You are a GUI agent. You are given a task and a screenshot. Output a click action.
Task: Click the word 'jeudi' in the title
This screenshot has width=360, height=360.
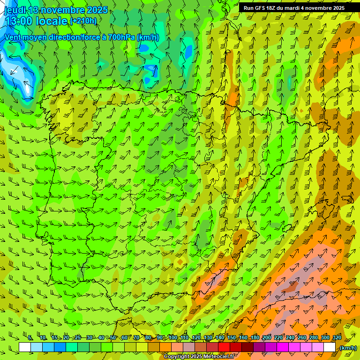[15, 10]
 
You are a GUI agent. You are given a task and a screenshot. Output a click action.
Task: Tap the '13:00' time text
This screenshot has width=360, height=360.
[19, 21]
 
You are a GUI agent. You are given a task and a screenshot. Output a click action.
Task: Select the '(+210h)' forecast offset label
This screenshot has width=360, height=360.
[83, 21]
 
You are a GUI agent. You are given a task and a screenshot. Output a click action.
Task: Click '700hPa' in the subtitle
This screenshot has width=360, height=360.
[122, 37]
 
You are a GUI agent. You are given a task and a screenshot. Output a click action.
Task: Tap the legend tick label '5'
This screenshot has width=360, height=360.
[30, 338]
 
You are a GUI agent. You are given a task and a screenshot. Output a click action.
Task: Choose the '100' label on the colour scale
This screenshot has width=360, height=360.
[172, 338]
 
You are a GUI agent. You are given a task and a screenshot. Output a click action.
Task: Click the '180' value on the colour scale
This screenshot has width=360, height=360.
[255, 338]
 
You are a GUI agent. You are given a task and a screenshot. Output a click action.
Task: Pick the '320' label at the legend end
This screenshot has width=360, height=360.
[337, 338]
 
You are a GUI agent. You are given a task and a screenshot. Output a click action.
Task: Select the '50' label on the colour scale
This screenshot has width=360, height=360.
[113, 338]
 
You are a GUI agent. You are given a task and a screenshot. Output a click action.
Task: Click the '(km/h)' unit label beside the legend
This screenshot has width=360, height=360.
[348, 348]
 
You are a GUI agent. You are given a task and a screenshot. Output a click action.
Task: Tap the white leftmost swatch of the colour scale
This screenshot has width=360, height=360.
[25, 347]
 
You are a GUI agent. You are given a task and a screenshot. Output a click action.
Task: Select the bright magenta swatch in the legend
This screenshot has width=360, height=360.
[283, 347]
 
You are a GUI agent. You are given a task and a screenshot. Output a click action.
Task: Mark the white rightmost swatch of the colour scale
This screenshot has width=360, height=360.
[330, 347]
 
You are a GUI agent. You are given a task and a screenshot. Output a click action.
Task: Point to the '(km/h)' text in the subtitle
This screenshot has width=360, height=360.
[148, 37]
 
